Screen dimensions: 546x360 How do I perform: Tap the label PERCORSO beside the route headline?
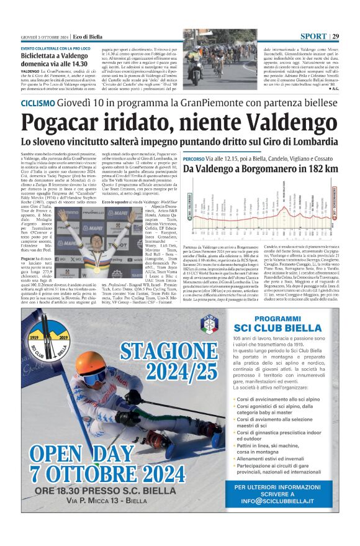[197, 159]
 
